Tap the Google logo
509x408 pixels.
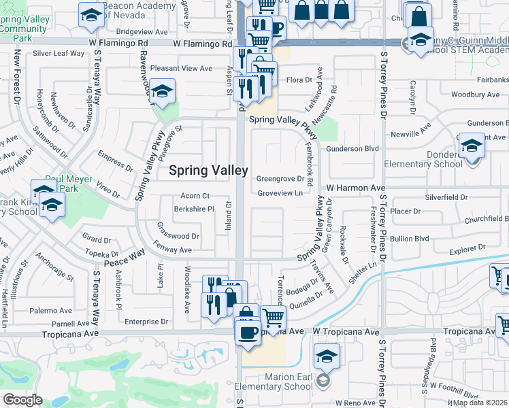click(22, 400)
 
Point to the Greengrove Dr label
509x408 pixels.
click(280, 180)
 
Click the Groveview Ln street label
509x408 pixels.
click(280, 193)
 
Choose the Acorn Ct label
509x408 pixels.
click(195, 196)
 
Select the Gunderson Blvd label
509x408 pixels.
click(352, 148)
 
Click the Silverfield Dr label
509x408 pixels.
click(444, 197)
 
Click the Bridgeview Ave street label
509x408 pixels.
click(142, 32)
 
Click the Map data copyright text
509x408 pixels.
click(480, 403)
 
